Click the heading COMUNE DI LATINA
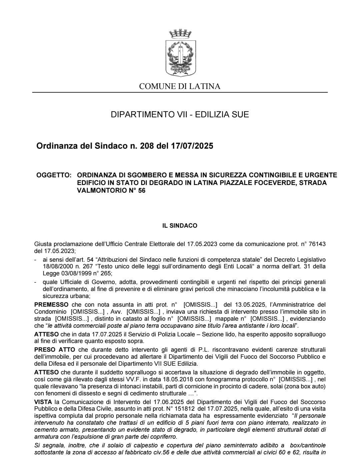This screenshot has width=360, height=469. (x=180, y=87)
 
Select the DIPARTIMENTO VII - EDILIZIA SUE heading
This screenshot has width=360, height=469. (x=180, y=115)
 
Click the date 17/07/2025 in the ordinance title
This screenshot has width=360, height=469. (x=192, y=146)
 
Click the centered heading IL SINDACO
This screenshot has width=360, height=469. (x=180, y=226)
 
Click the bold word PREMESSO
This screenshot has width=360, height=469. (x=51, y=305)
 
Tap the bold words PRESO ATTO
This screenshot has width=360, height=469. (x=55, y=350)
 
